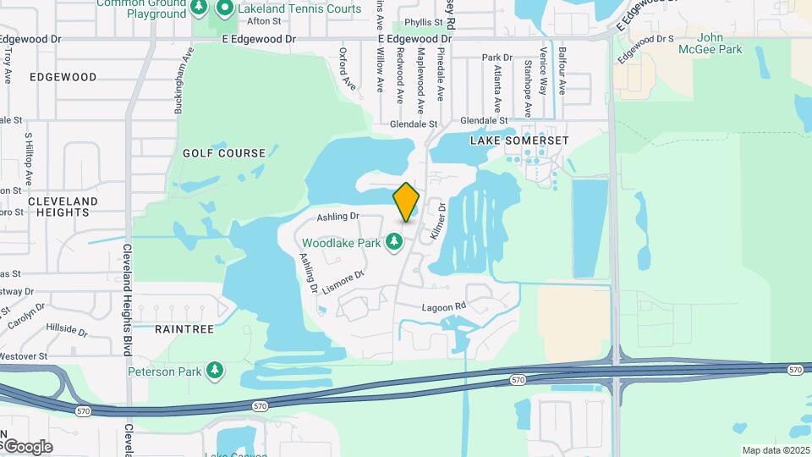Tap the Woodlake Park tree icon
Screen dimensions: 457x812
(x=393, y=243)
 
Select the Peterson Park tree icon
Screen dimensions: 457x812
(x=216, y=371)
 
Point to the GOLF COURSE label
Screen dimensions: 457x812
(x=224, y=153)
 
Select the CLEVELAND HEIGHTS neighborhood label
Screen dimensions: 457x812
(x=63, y=206)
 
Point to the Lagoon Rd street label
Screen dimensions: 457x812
(x=444, y=306)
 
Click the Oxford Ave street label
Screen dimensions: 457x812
(x=346, y=69)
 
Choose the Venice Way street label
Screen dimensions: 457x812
(x=542, y=74)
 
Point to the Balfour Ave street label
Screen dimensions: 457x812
(x=562, y=74)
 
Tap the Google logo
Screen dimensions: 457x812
(x=27, y=447)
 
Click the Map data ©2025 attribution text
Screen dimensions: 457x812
(x=775, y=450)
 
